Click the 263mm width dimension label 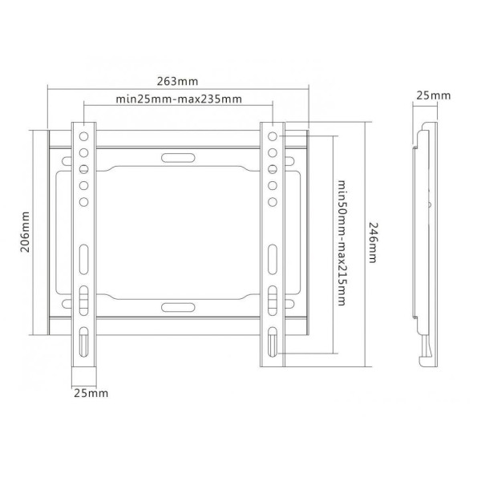177,82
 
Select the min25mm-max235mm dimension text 179,99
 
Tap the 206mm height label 25,232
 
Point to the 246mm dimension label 374,242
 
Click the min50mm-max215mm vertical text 342,243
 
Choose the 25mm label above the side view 433,95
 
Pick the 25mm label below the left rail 91,393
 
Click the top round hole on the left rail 83,136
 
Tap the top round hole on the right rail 273,136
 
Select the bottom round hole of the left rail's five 83,202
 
